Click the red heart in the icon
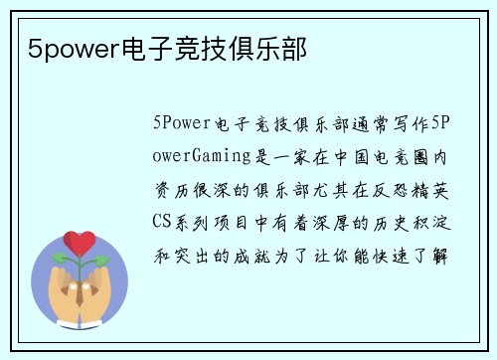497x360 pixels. point(81,242)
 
